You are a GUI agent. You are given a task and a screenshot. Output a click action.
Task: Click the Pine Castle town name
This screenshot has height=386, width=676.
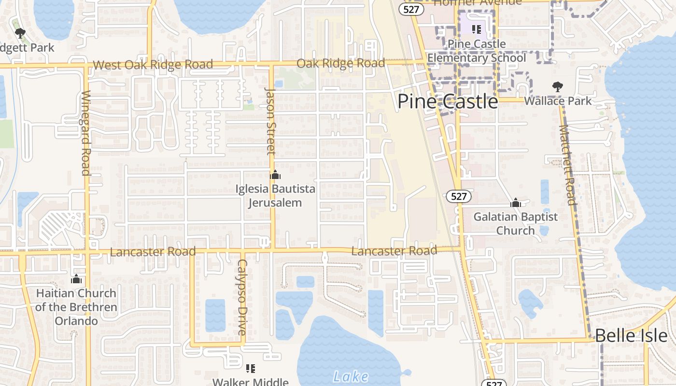pos(447,102)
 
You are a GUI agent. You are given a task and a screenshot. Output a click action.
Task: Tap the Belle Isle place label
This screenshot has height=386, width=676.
pos(631,336)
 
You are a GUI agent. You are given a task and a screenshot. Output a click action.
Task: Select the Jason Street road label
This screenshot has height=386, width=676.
pos(271,122)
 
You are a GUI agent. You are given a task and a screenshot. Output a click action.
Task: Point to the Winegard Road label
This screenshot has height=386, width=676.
pos(86,133)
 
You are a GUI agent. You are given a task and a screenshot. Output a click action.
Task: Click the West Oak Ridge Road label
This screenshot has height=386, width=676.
pos(153,65)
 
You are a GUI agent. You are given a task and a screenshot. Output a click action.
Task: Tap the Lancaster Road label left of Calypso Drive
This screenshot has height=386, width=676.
pos(153,252)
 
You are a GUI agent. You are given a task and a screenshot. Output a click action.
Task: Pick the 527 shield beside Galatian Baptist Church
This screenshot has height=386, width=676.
pos(458,196)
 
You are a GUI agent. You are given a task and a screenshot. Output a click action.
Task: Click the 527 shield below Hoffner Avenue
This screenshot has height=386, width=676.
pos(411,9)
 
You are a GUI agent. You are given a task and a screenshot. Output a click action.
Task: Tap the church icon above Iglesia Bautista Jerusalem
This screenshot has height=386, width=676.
pos(275,175)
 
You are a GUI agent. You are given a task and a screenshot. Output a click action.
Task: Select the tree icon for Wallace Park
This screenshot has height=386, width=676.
pos(558,87)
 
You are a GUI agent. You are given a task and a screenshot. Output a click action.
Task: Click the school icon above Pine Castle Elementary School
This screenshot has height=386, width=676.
pos(477,29)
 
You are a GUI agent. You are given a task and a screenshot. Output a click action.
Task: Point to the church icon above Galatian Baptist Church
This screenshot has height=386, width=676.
pos(516,203)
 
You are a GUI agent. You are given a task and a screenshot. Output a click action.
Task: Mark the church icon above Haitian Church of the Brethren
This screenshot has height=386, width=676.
pos(76,279)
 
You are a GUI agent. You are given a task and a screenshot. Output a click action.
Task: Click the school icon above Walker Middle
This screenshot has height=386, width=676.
pos(251,369)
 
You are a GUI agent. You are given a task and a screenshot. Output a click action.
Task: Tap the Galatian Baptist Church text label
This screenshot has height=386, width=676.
pos(515,223)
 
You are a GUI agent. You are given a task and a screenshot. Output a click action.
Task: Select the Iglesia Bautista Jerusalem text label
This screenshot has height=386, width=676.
pos(275,195)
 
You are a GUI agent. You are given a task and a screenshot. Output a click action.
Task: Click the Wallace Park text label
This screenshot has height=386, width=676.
pos(558,101)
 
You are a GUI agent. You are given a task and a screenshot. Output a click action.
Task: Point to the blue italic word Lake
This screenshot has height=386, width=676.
pos(351,377)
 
